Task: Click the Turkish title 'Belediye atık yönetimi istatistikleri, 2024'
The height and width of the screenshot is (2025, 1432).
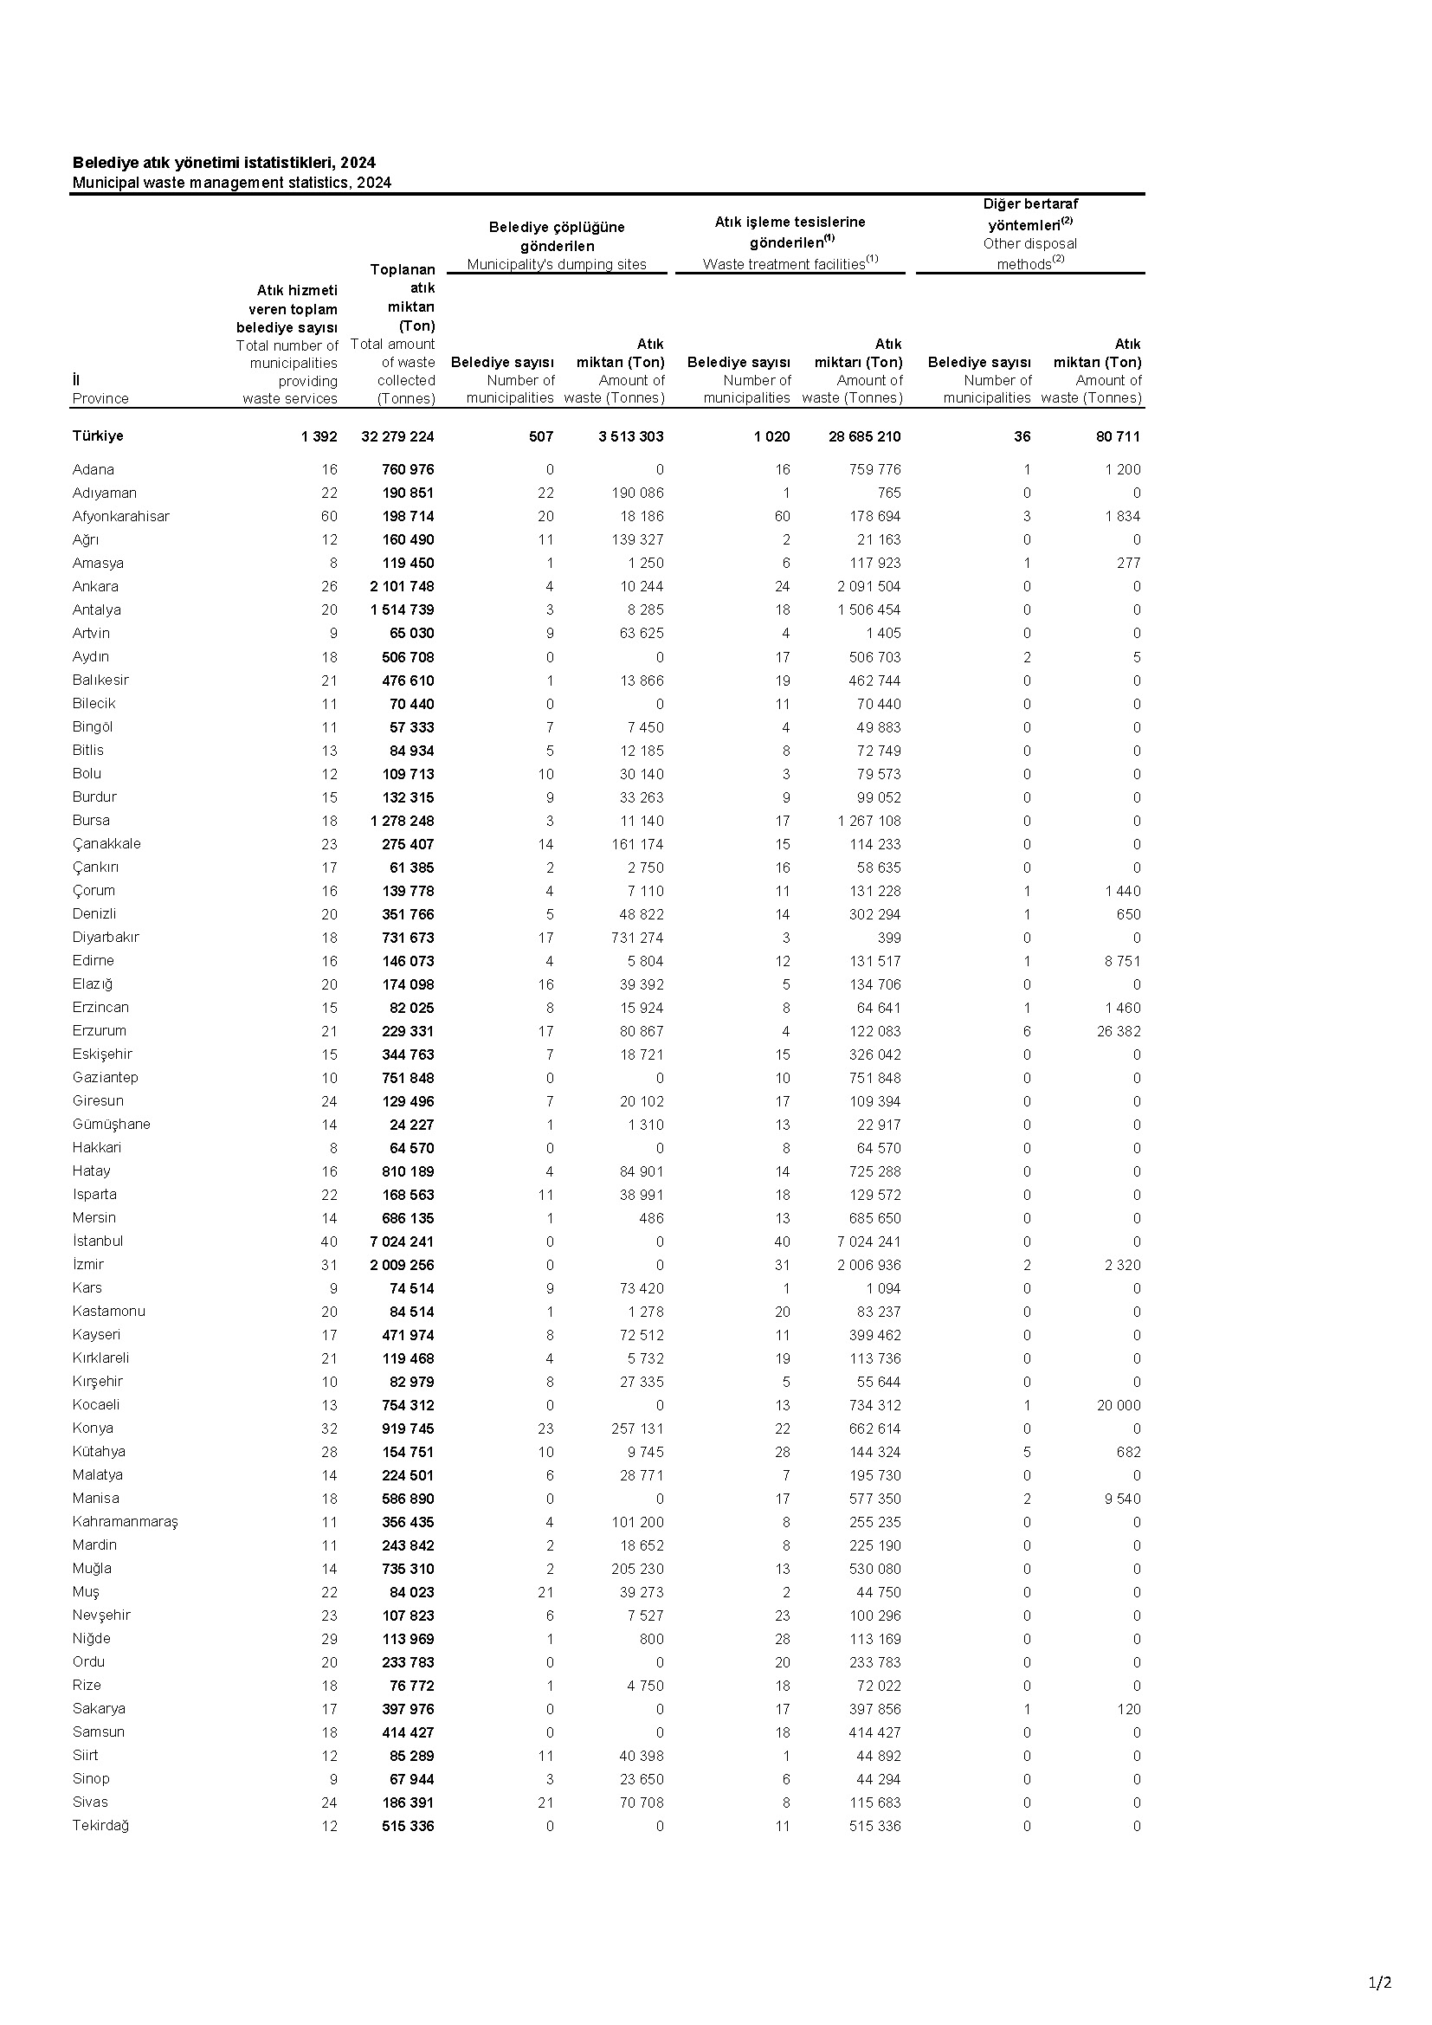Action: point(224,162)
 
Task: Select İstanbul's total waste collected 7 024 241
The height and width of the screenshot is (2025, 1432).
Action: point(402,1241)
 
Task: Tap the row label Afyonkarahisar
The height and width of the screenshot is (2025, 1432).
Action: point(121,516)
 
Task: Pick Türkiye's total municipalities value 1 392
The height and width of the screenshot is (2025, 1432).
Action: point(319,436)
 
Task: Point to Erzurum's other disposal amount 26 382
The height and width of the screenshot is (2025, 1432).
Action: point(1118,1031)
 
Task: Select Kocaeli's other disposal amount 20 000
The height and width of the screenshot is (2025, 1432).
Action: point(1118,1405)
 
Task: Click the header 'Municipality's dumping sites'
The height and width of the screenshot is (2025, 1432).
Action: point(557,264)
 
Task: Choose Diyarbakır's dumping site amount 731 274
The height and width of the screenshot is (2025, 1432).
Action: point(636,938)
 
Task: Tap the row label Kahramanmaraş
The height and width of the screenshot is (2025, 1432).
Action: point(126,1521)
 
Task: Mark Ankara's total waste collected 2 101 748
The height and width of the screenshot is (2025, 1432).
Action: point(402,586)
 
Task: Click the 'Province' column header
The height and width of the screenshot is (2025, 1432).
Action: point(100,397)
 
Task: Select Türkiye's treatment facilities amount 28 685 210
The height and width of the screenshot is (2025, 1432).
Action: point(864,436)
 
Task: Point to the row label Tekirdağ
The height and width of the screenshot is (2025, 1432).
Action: point(100,1825)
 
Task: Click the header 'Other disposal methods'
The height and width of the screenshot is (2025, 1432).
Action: point(1030,253)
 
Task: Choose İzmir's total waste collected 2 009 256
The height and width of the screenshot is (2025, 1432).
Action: point(402,1265)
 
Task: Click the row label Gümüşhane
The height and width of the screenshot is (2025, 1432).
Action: point(111,1124)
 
